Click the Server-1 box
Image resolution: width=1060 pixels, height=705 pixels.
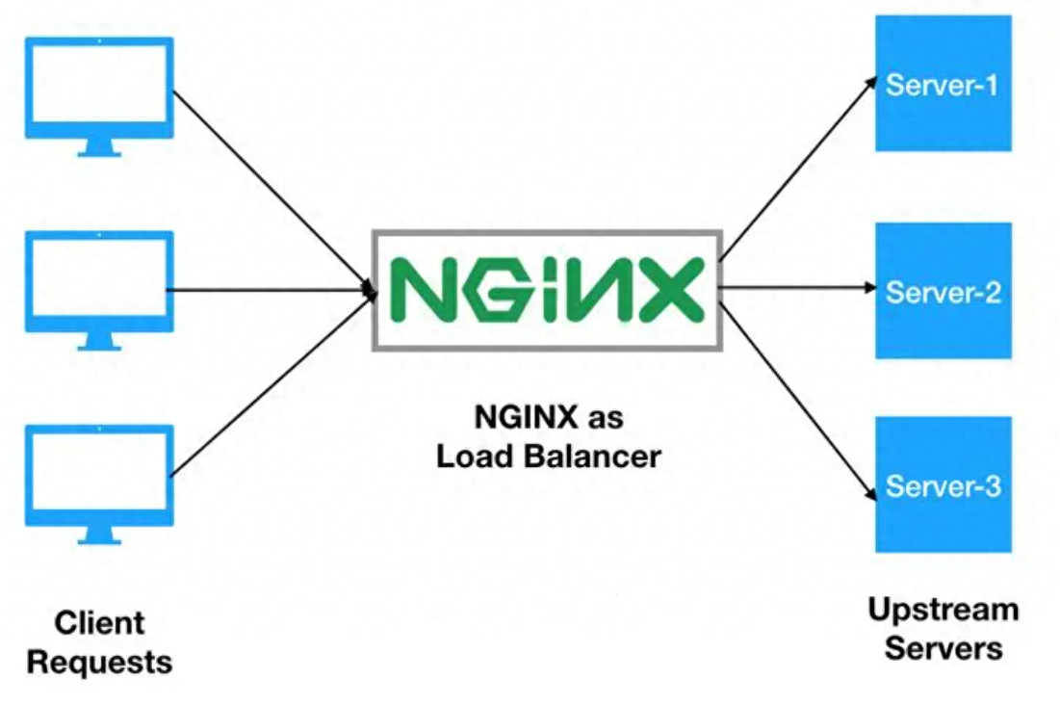[x=944, y=83]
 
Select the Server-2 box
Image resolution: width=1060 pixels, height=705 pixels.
[x=944, y=290]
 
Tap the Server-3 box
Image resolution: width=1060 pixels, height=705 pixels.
[x=944, y=484]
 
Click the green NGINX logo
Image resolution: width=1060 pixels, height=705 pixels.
[x=548, y=290]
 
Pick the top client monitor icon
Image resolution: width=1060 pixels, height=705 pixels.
[x=99, y=96]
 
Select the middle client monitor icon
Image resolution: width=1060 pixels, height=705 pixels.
[x=99, y=291]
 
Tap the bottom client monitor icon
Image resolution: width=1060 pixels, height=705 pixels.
[x=99, y=484]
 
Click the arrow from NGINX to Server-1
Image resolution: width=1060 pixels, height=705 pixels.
[x=798, y=169]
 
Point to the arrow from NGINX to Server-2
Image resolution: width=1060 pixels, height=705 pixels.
[x=798, y=288]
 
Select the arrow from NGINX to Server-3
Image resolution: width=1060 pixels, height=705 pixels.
[x=798, y=402]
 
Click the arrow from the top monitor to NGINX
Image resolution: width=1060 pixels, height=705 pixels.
[x=274, y=193]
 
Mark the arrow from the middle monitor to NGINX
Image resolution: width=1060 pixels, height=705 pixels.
[x=271, y=290]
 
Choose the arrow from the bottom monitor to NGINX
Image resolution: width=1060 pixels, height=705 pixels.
[x=273, y=383]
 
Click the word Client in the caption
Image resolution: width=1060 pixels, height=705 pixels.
[x=99, y=622]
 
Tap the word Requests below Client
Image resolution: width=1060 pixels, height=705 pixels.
[x=99, y=662]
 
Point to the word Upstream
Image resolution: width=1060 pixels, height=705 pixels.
[x=944, y=611]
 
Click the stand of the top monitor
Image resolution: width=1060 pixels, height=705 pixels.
[x=99, y=148]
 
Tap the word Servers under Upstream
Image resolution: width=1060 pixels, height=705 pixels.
[x=944, y=648]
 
